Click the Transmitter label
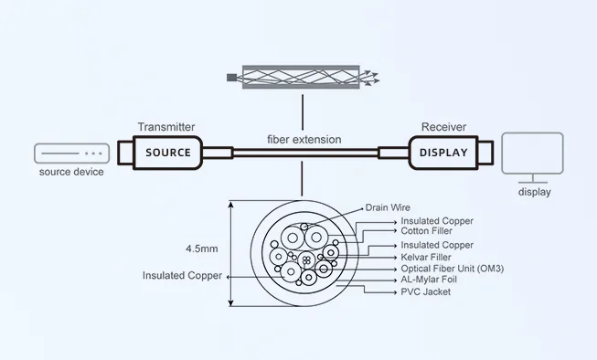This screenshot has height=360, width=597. tap(166, 126)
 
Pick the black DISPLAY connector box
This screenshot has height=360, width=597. tap(442, 153)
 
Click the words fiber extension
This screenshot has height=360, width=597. tap(304, 140)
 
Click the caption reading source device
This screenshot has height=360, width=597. tap(71, 172)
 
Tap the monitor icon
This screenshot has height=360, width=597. tap(535, 158)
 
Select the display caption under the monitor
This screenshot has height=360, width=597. tap(535, 192)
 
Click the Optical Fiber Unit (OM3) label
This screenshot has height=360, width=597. tap(453, 269)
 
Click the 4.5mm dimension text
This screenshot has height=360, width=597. tap(203, 248)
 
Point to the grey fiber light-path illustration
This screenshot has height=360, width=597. tap(301, 79)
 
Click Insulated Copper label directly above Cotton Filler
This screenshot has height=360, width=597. tap(438, 220)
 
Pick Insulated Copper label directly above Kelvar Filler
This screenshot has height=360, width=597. tap(438, 245)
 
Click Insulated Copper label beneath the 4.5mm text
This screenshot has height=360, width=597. tap(182, 275)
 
